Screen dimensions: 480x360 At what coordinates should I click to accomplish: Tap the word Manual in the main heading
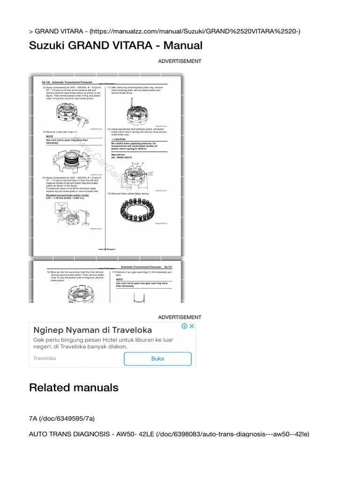point(182,45)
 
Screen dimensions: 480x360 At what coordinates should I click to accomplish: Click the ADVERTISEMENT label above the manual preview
point(180,61)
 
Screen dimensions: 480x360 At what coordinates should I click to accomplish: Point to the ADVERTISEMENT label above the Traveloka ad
point(180,317)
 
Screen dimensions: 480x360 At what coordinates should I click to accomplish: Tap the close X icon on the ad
point(191,326)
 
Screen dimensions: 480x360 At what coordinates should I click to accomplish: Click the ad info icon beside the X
point(185,326)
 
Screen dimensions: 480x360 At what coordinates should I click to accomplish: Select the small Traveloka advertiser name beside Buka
point(45,358)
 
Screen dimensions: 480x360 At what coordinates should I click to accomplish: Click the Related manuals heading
point(74,388)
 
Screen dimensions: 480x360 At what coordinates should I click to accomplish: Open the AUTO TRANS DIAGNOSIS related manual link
point(169,435)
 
